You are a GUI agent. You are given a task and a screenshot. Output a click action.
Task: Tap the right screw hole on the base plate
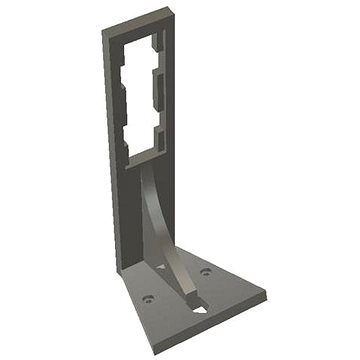point(206,271)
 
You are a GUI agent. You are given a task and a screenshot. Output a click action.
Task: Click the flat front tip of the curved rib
point(189,300)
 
